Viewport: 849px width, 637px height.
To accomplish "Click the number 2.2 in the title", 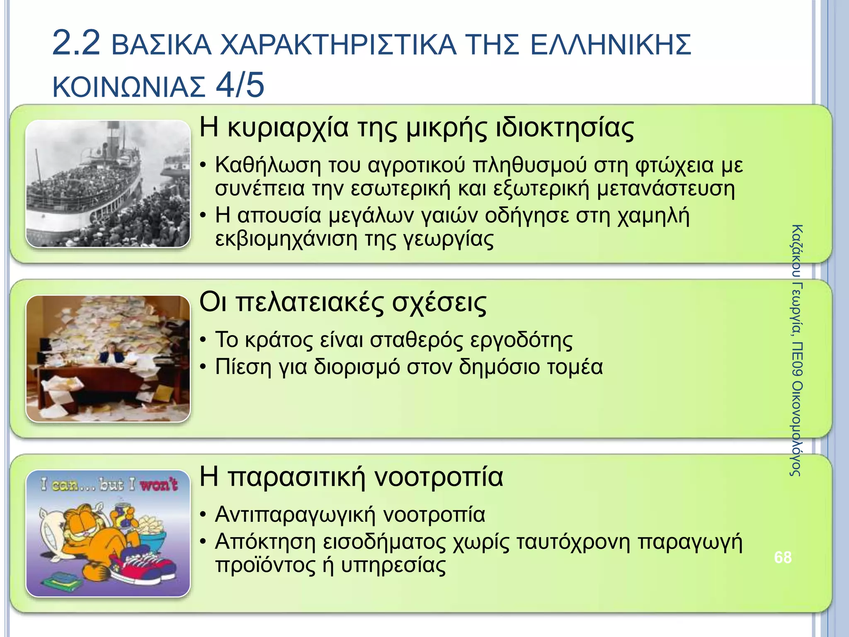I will click(76, 43).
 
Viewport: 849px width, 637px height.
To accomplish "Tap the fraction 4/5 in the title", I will click(240, 85).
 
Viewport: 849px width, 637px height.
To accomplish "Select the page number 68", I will click(783, 557).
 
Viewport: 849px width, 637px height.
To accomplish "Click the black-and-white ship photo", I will click(108, 184).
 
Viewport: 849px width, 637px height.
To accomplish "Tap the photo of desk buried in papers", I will click(108, 358).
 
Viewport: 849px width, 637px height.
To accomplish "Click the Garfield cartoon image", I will click(108, 533).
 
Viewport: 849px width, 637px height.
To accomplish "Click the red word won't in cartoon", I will click(159, 484).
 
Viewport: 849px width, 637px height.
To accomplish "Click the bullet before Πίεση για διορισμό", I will click(203, 367).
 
